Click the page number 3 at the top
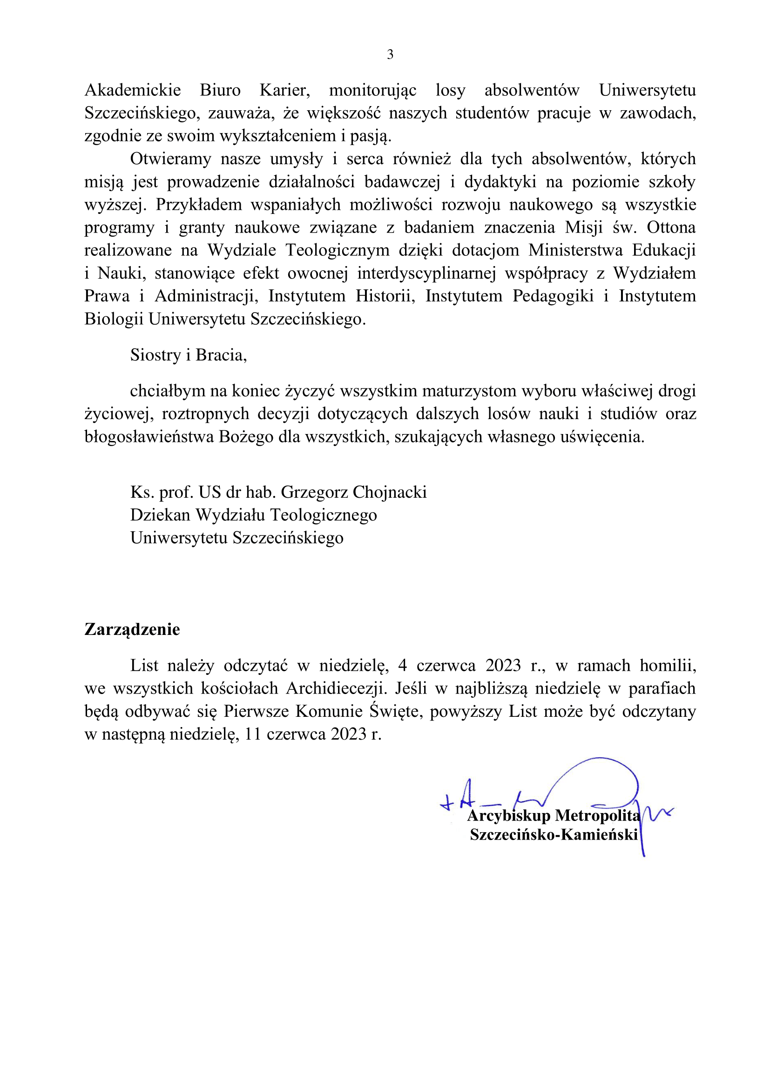[x=390, y=55]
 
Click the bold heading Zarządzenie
[x=132, y=629]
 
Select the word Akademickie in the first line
[x=132, y=90]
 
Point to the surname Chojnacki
[x=390, y=492]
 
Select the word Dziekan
[x=160, y=515]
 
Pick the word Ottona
[x=671, y=227]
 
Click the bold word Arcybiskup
[x=508, y=815]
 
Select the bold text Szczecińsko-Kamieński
[x=554, y=834]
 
